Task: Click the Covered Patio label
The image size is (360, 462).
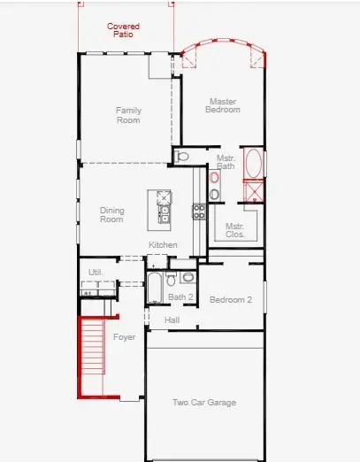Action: (x=123, y=30)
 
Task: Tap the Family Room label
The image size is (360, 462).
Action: (x=129, y=115)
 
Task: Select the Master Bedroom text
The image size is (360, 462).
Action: (x=224, y=105)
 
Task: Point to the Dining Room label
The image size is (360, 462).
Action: (x=111, y=214)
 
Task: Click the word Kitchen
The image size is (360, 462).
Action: (x=163, y=244)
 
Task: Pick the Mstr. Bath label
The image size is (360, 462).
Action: (x=226, y=161)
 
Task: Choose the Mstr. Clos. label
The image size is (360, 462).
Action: (x=234, y=230)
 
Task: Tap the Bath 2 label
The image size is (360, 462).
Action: (x=180, y=297)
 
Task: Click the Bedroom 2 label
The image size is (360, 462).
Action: (x=230, y=300)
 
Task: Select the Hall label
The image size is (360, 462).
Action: (x=172, y=320)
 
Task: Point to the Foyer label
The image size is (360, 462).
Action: (x=124, y=337)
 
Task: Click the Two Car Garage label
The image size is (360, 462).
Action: (x=203, y=403)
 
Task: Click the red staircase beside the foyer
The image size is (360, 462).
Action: (x=92, y=354)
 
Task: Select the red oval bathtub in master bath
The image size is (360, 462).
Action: (x=251, y=164)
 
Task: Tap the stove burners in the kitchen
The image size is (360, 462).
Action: (x=199, y=212)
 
